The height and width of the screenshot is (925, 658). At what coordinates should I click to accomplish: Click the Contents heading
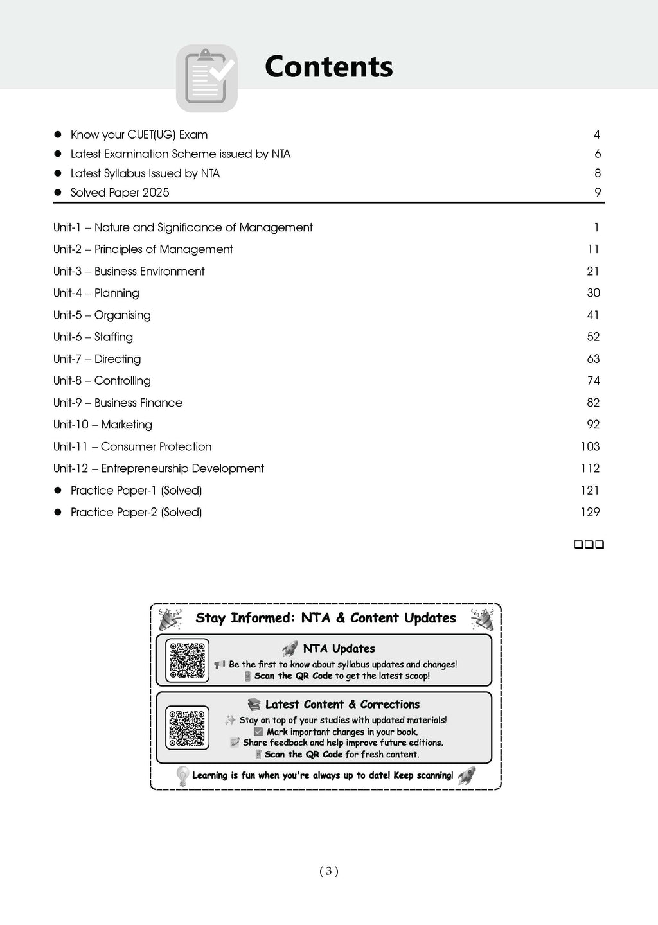click(328, 67)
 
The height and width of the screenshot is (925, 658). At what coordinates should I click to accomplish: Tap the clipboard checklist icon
click(207, 78)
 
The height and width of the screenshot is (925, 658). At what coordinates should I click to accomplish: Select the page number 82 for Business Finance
click(593, 403)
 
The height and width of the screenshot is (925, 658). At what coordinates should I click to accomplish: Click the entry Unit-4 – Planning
click(96, 293)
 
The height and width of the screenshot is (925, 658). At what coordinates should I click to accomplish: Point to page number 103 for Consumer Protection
click(590, 446)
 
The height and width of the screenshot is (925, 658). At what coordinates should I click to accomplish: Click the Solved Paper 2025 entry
click(120, 193)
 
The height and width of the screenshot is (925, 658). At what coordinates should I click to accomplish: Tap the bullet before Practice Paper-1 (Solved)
click(57, 490)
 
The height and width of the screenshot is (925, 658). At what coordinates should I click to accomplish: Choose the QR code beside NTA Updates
click(187, 660)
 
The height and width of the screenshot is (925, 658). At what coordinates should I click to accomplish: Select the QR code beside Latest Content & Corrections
click(187, 728)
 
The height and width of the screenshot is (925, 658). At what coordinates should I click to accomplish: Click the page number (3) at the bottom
click(328, 871)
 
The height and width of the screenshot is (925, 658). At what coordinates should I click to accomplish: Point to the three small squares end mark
click(589, 545)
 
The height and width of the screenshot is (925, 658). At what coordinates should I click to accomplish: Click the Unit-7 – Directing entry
click(97, 359)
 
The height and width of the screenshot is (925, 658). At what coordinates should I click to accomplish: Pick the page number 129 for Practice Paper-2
click(590, 512)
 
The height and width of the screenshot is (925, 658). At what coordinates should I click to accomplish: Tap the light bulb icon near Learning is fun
click(182, 775)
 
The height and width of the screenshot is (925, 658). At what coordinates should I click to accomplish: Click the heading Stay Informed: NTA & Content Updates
click(326, 618)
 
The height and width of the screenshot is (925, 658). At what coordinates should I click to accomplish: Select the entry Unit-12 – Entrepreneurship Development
click(159, 468)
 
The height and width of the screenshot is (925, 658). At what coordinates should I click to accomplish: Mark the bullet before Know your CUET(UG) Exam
click(57, 134)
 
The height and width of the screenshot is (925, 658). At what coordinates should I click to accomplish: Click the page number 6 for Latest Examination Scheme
click(598, 154)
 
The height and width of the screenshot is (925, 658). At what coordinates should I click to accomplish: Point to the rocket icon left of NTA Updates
click(290, 649)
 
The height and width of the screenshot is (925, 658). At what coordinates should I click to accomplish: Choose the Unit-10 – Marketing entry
click(103, 425)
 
